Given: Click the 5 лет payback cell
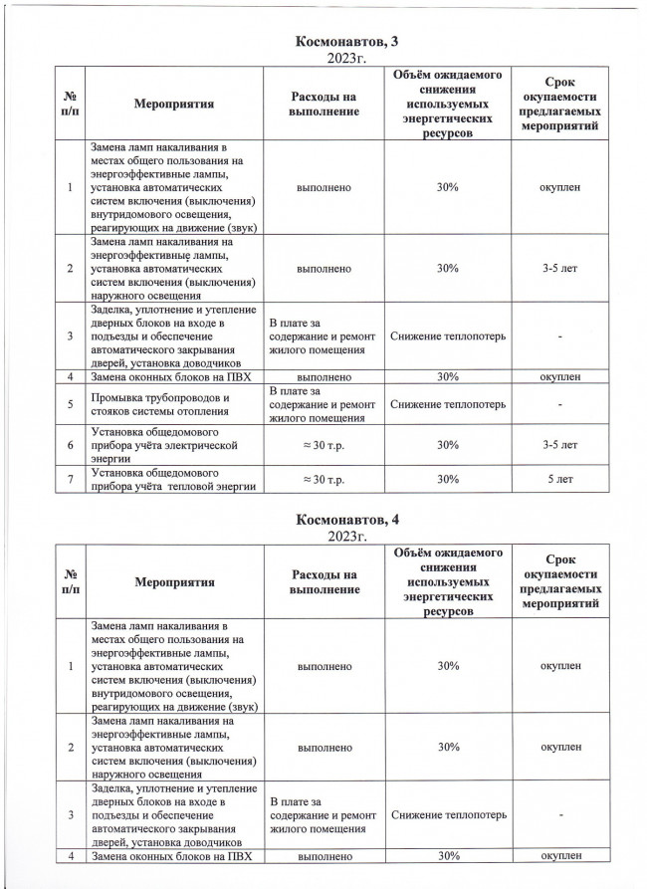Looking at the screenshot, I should [559, 480].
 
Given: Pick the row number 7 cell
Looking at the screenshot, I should [71, 480].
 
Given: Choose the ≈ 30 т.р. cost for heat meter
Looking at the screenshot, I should [323, 480].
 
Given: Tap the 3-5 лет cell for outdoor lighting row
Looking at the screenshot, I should [559, 268].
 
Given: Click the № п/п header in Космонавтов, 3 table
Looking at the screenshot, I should [71, 103].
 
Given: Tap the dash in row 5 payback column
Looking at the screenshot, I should [559, 405].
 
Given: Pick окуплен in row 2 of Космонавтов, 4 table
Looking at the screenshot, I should [559, 746].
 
